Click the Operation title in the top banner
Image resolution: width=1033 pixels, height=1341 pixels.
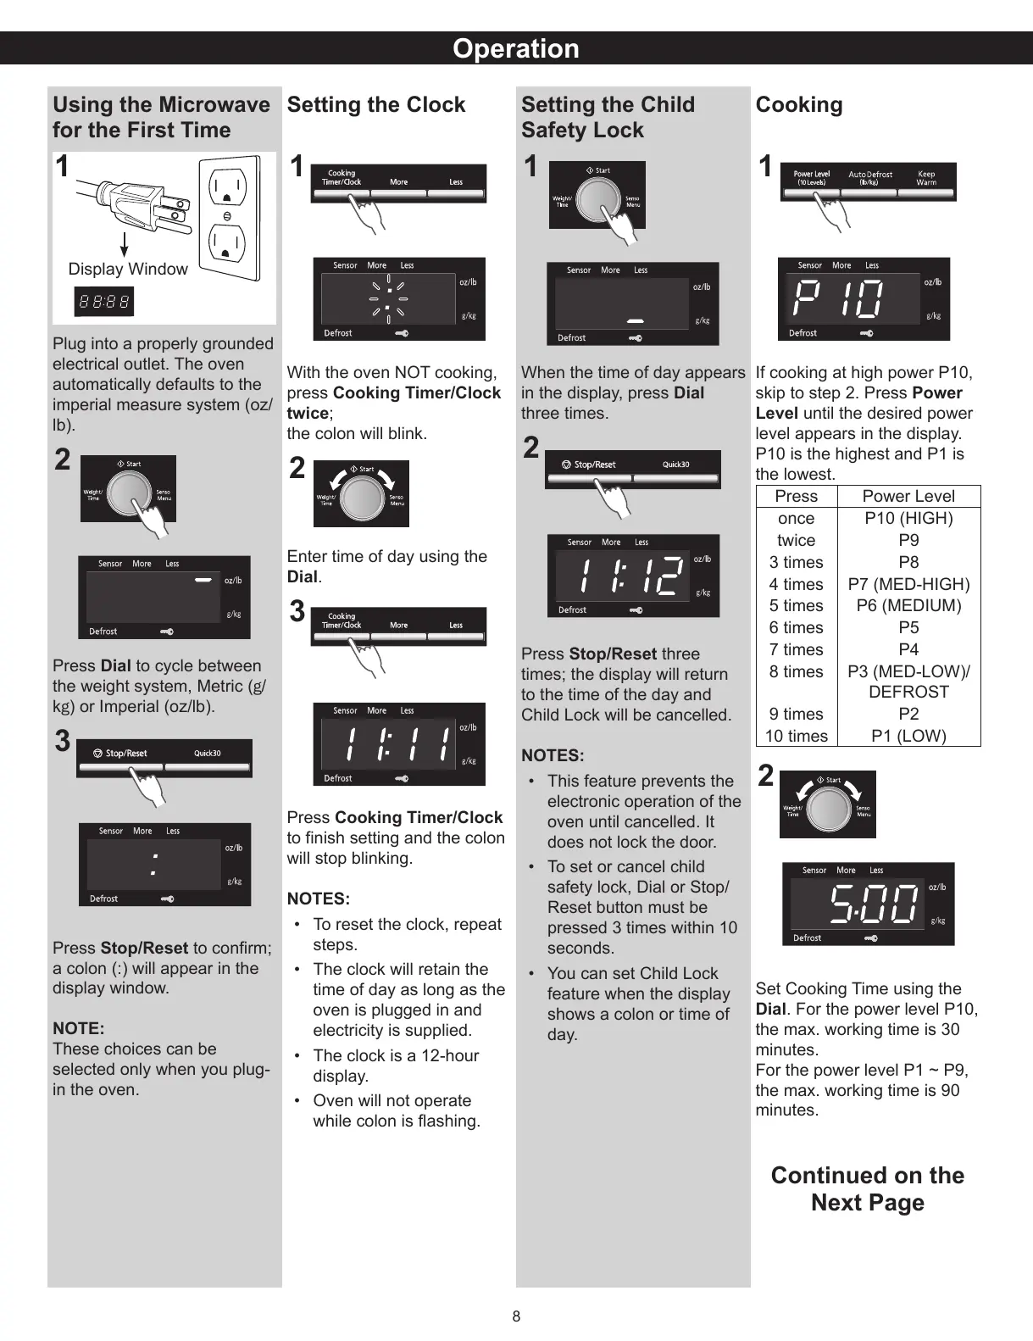point(515,48)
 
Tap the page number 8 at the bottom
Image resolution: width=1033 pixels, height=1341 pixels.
point(516,1316)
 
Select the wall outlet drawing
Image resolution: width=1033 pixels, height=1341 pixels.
point(228,218)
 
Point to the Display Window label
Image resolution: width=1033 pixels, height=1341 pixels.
point(128,270)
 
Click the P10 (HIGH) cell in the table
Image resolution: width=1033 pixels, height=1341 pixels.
point(908,519)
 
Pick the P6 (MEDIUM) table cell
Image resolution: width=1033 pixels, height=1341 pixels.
point(908,606)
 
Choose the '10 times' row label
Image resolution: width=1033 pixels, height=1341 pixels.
point(796,736)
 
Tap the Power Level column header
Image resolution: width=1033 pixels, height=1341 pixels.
point(908,497)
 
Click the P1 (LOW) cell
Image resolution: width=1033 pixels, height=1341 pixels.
point(908,736)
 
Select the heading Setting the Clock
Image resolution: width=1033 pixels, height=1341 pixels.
point(376,105)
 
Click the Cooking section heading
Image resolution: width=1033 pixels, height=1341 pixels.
point(799,105)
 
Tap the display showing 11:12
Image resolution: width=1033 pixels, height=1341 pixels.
point(633,576)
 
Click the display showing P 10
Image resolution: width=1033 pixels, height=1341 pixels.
point(864,299)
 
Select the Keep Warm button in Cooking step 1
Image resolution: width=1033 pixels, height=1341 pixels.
point(926,179)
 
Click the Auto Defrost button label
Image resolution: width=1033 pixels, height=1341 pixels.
point(870,179)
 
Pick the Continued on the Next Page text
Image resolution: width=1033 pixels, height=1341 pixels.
point(867,1188)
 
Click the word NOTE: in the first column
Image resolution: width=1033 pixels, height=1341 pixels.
point(79,1028)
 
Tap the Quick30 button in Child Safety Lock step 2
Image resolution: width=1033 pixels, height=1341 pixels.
point(675,465)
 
